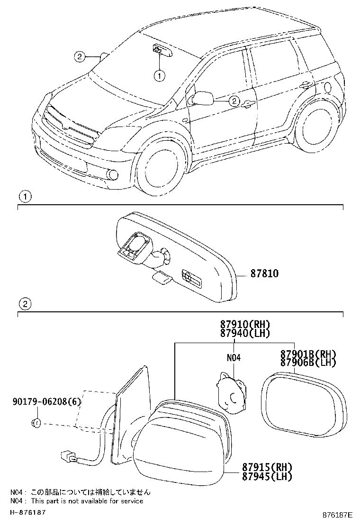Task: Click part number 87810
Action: coord(265,273)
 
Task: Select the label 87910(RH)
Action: coord(245,324)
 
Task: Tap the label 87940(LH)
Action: coord(245,333)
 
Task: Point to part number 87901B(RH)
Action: coord(308,354)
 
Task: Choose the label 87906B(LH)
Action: coord(308,362)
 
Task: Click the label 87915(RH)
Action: coord(267,467)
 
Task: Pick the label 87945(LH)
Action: coord(267,476)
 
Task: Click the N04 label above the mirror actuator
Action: coord(234,357)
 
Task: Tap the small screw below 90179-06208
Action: coord(36,423)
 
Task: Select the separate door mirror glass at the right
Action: coord(304,404)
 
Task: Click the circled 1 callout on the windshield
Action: coord(160,76)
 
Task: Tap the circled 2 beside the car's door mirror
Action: coord(234,100)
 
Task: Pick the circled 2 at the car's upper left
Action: coord(79,56)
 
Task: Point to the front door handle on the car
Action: coord(248,104)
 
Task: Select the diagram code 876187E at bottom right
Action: coord(337,514)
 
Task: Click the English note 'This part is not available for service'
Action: coord(87,501)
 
